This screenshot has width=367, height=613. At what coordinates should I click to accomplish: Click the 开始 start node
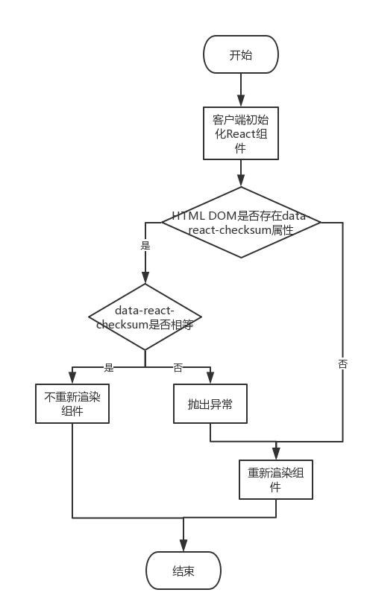point(241,54)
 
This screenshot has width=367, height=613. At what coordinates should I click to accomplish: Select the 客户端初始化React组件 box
point(241,133)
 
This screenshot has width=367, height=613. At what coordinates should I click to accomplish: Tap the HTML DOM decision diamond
point(241,222)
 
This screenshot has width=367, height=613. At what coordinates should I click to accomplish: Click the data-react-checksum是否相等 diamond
point(145,317)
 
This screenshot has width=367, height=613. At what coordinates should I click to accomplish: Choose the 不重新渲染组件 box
point(72,403)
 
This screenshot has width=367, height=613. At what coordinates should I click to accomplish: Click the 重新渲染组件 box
point(275,480)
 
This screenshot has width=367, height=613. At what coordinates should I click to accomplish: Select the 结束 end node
point(183,571)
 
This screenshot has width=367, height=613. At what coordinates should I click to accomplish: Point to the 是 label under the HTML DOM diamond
point(145,244)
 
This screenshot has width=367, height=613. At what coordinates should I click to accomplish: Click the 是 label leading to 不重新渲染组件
point(109,367)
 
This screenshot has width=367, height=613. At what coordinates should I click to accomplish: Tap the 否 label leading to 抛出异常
point(178,367)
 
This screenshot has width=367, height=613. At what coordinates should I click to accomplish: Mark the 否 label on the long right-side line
point(342,363)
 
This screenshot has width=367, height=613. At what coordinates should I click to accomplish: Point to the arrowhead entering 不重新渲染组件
point(72,379)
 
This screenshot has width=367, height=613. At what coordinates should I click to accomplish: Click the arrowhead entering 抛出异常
point(210,379)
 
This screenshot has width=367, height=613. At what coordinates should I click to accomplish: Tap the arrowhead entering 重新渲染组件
point(276,455)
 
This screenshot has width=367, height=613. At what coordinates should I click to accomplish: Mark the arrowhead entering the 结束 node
point(183,547)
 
